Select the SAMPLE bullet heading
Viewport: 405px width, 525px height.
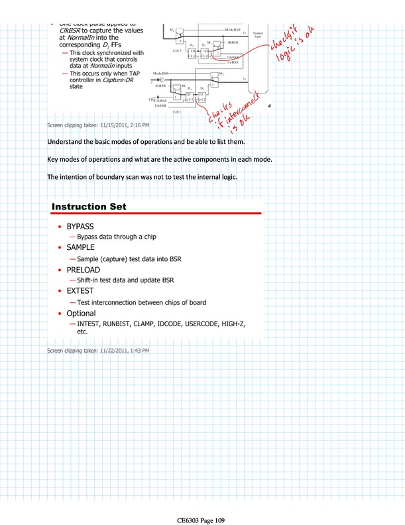point(81,247)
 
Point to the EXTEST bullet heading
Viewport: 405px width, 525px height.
point(80,291)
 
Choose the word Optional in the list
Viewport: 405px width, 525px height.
point(82,313)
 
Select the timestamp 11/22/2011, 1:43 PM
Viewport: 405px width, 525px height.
point(123,349)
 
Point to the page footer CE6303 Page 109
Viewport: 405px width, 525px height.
point(202,520)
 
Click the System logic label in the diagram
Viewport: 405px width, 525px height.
point(258,34)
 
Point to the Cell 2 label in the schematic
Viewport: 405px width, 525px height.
point(177,50)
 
